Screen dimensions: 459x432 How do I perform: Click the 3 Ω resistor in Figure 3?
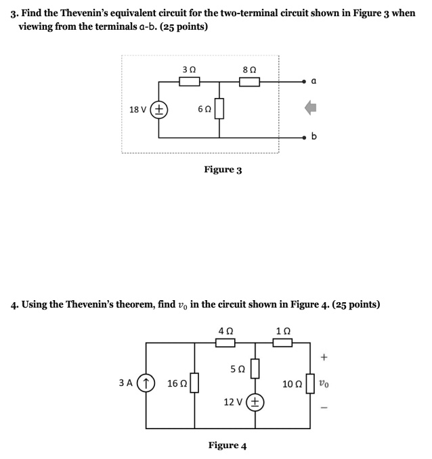(189, 82)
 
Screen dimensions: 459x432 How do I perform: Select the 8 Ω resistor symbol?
(249, 82)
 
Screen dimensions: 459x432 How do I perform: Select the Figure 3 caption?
(223, 170)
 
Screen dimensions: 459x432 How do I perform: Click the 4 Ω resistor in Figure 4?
(225, 343)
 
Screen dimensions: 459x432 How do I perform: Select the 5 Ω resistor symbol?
(255, 370)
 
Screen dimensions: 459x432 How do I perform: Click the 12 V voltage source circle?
(255, 402)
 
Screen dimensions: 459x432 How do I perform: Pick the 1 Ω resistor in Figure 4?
(282, 343)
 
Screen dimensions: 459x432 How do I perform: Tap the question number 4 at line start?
(14, 304)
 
